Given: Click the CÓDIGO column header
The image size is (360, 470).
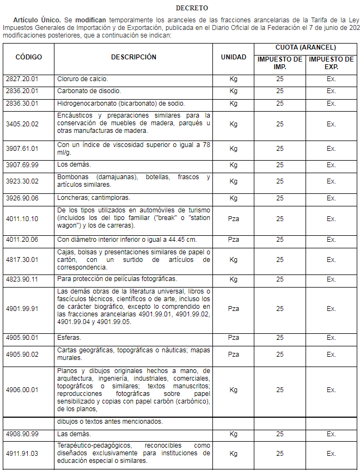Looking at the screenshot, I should (29, 57).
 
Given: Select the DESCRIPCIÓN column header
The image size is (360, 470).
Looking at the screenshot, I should (133, 57).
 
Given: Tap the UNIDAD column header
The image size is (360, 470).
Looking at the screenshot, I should (233, 57).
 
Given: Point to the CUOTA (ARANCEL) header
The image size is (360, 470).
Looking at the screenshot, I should (306, 48).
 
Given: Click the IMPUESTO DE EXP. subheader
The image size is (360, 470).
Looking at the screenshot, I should (331, 63).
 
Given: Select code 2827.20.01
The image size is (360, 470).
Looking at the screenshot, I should (22, 79).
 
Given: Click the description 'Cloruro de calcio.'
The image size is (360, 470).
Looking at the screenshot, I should (82, 79).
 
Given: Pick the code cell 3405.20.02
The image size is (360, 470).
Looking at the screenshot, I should (22, 124).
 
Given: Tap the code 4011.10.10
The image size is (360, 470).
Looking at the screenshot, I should (22, 219).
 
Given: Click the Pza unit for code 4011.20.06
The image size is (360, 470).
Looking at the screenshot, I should (233, 240).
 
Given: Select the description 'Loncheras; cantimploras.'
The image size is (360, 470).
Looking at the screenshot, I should (94, 198).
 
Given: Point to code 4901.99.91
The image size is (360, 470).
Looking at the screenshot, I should (22, 309).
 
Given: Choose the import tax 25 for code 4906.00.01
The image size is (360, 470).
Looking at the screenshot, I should (280, 390).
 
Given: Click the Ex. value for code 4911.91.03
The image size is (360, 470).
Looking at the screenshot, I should (331, 453).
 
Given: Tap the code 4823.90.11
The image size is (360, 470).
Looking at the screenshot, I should (22, 279).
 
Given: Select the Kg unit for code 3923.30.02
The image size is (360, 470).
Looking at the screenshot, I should (233, 181).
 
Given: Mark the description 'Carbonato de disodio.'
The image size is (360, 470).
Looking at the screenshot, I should (89, 91).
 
